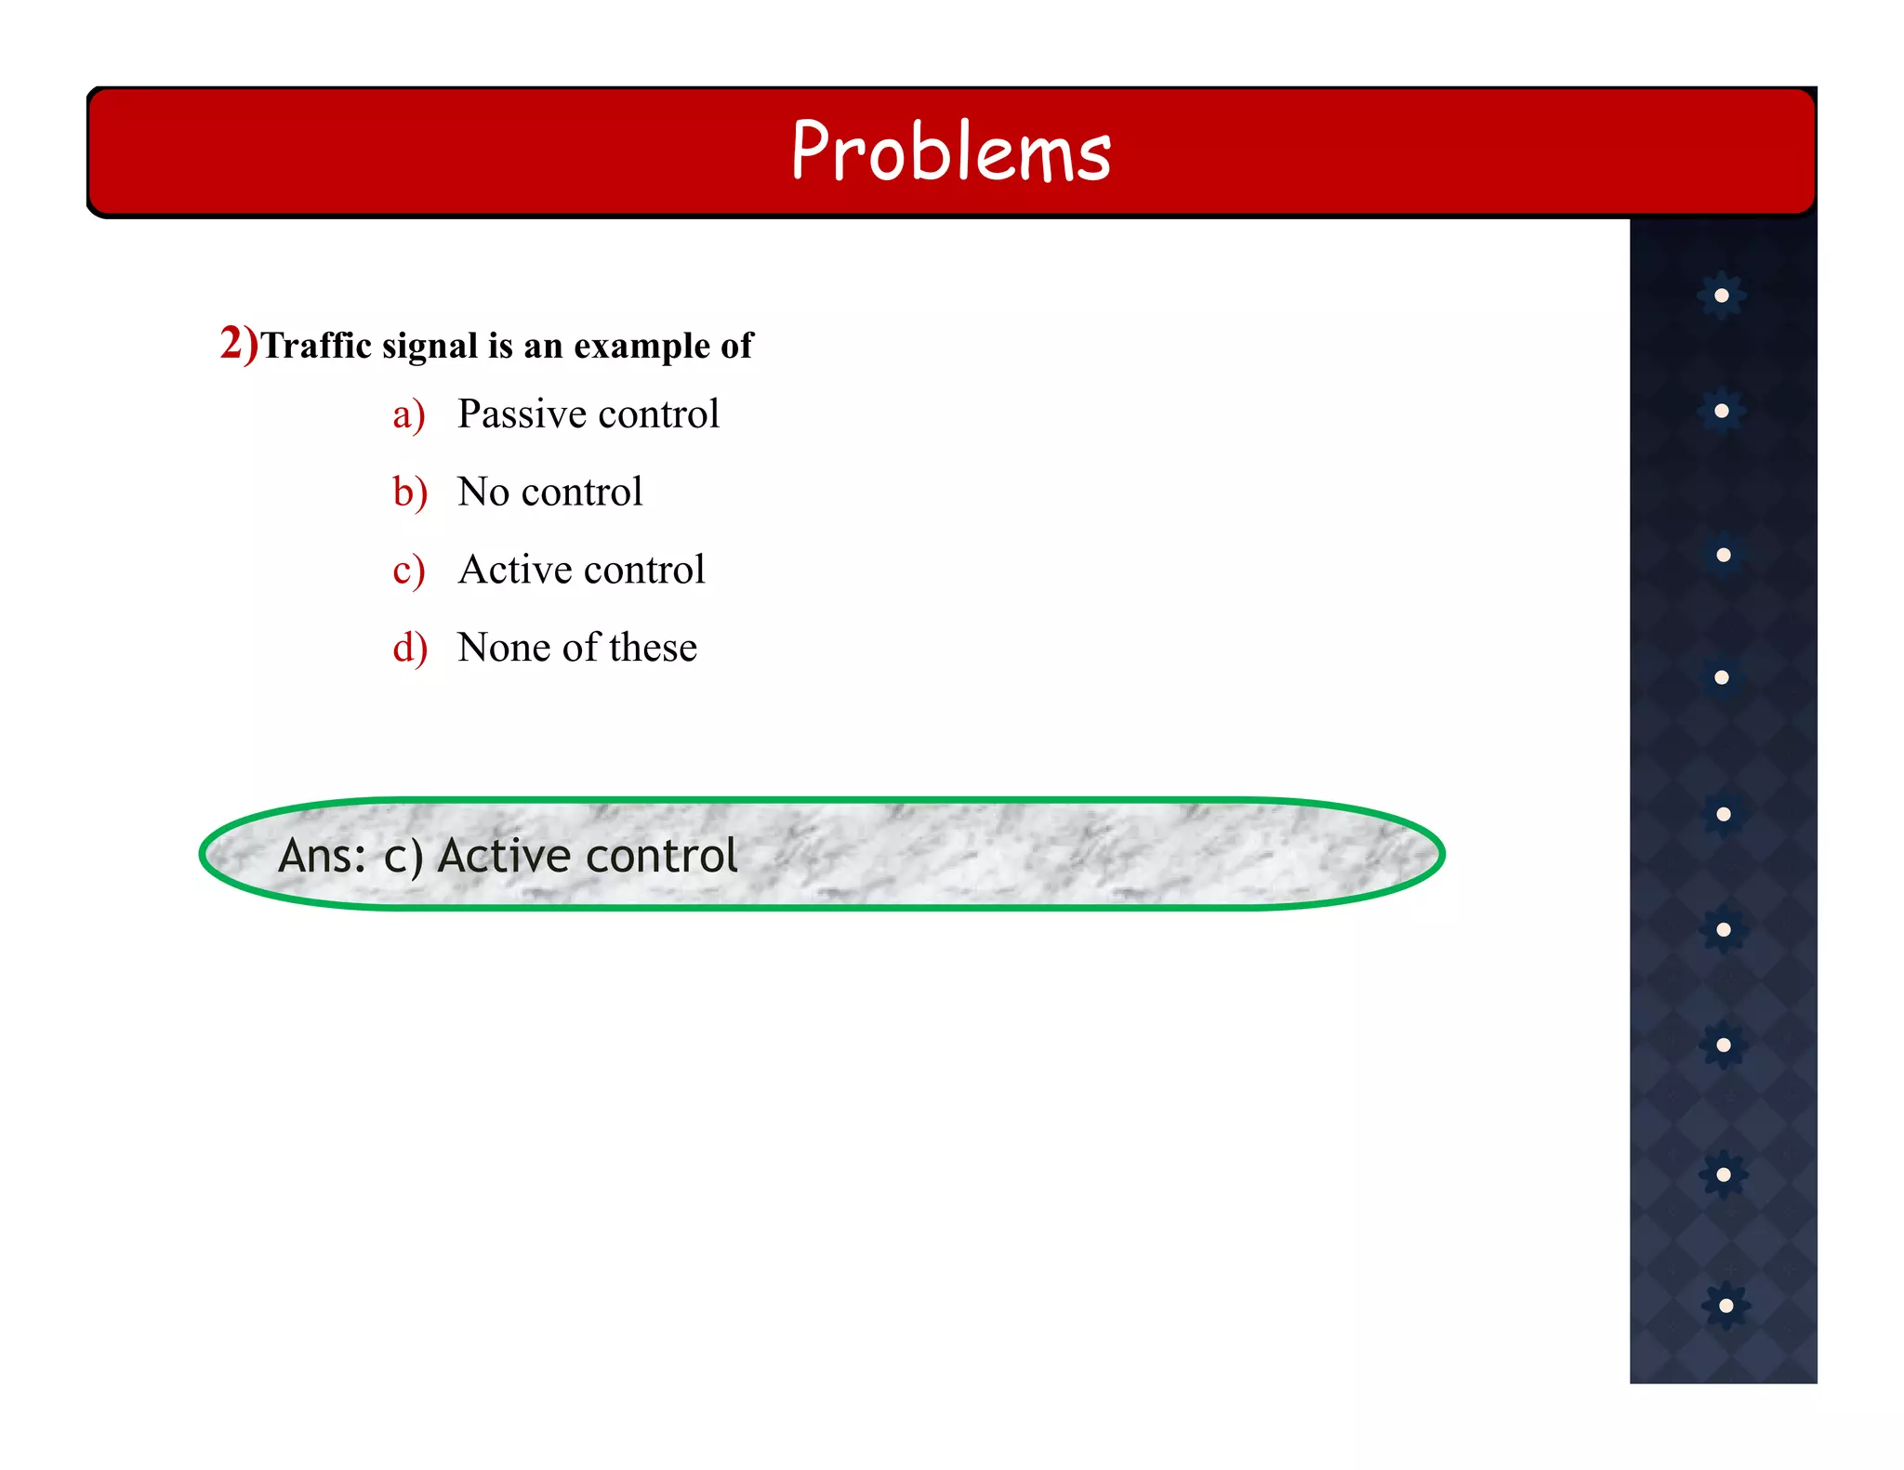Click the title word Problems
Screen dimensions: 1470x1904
point(951,151)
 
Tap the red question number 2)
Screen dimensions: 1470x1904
point(239,344)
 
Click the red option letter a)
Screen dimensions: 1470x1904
point(408,415)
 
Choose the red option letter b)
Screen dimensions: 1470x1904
point(409,492)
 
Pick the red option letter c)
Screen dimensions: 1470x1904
point(408,571)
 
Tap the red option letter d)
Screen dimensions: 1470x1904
point(409,648)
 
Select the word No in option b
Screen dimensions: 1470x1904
point(483,492)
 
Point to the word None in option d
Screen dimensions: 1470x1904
point(501,648)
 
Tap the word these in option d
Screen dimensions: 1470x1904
point(653,648)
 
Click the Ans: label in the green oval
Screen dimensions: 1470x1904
point(323,856)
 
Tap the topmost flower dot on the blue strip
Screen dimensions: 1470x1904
point(1722,295)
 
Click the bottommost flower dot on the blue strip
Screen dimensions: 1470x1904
point(1725,1306)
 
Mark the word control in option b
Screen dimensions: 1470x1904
point(582,492)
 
